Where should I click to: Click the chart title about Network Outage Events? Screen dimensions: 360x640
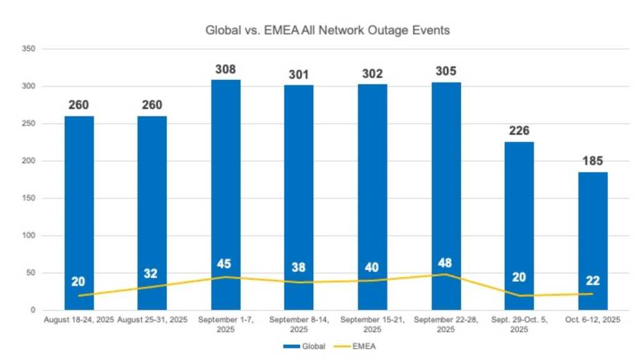pyautogui.click(x=327, y=30)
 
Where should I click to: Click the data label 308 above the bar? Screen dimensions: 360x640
pyautogui.click(x=226, y=69)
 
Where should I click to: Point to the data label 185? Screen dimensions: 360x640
pyautogui.click(x=592, y=161)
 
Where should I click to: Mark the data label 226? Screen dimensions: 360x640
pyautogui.click(x=519, y=131)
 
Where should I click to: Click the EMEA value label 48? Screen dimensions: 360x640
pyautogui.click(x=446, y=263)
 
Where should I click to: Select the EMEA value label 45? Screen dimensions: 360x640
pyautogui.click(x=224, y=264)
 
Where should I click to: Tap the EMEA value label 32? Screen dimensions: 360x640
pyautogui.click(x=151, y=273)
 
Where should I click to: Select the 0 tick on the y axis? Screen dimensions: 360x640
pyautogui.click(x=32, y=311)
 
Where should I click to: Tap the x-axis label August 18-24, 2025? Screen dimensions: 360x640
pyautogui.click(x=79, y=320)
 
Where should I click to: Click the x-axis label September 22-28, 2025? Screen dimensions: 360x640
pyautogui.click(x=446, y=324)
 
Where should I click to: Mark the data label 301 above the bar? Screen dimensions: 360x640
pyautogui.click(x=299, y=74)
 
